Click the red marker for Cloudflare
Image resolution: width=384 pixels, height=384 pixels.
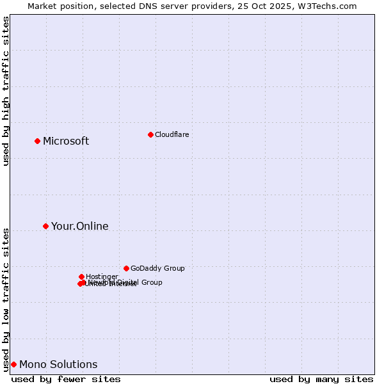coord(150,134)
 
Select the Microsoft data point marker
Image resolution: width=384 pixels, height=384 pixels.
coord(37,141)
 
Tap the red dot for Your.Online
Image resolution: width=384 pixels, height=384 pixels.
coord(45,226)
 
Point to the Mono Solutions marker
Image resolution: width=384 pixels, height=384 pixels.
coord(13,364)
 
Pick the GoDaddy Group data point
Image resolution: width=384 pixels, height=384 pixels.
coord(126,268)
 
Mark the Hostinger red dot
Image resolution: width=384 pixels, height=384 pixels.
coord(81,276)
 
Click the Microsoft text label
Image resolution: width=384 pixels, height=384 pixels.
coord(66,141)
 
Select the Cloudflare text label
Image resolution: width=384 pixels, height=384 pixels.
coord(172,134)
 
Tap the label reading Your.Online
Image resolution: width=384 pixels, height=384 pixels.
coord(80,227)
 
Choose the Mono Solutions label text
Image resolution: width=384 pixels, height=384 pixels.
coord(58,365)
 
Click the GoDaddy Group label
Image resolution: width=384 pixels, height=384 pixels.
coord(157,269)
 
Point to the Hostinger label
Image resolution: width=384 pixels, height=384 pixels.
coord(102,276)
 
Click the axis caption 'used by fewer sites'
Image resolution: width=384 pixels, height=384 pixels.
coord(66,380)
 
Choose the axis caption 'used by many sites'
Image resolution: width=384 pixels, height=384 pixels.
coord(321,380)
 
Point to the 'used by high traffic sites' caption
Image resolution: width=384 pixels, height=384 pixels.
coord(6,91)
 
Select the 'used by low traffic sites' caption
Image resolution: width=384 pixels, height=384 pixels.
coord(6,300)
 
